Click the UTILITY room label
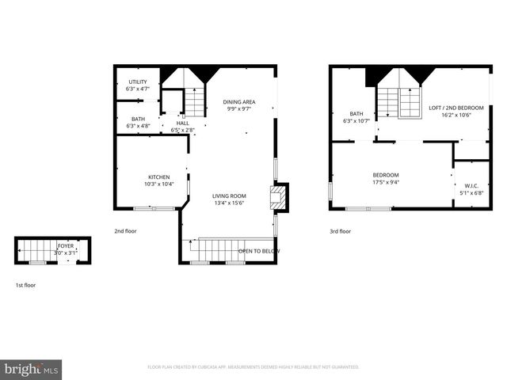point(137,82)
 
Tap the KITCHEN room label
point(158,177)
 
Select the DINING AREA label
point(238,101)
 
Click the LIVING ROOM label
point(229,196)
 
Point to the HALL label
point(183,123)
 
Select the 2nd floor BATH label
point(138,119)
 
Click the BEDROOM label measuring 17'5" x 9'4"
point(386,175)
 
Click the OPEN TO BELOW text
point(259,251)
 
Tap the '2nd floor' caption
point(126,232)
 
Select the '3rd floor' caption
point(340,232)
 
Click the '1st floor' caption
point(25,284)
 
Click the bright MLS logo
point(32,369)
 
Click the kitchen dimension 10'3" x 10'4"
point(158,184)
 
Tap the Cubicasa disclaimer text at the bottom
point(253,367)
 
